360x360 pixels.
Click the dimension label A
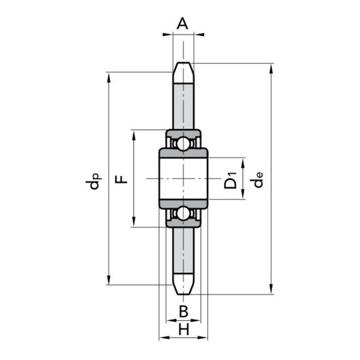click(183, 24)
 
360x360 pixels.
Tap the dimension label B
click(183, 312)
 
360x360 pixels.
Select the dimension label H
click(184, 329)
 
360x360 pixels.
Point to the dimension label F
click(121, 179)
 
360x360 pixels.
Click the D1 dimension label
click(230, 180)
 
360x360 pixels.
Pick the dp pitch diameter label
click(94, 181)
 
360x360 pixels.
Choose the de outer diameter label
click(256, 180)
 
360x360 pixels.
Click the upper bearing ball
click(183, 143)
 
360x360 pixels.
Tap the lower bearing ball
click(183, 214)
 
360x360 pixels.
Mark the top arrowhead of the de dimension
click(271, 69)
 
